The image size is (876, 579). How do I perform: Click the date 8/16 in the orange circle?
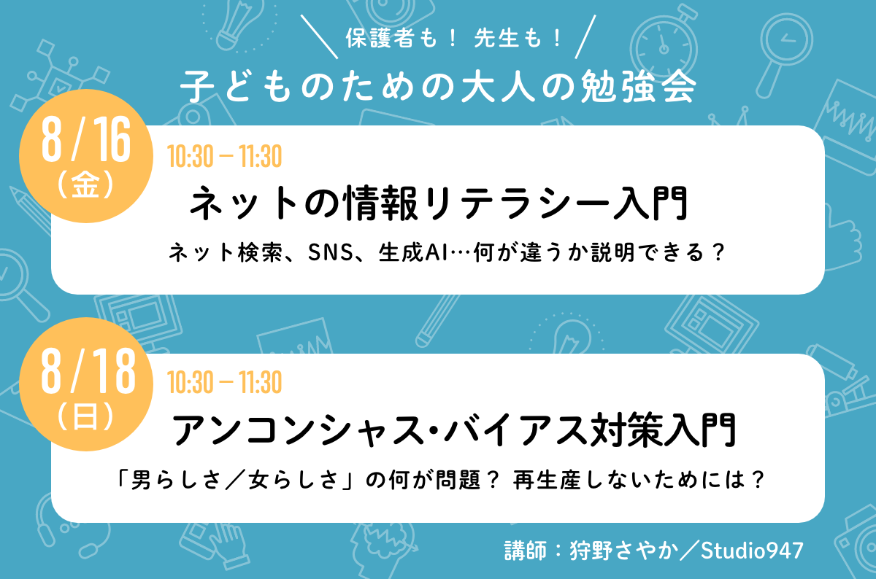[x=86, y=139]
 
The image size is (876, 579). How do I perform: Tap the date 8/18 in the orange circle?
[x=88, y=370]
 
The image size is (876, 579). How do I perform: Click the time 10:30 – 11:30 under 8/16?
[x=225, y=156]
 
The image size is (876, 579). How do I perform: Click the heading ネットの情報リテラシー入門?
[x=439, y=203]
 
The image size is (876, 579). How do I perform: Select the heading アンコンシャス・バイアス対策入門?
[x=454, y=430]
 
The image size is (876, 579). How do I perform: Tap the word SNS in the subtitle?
[x=331, y=252]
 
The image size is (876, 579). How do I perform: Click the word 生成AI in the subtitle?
[x=413, y=252]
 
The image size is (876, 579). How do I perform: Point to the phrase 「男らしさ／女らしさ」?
[x=234, y=479]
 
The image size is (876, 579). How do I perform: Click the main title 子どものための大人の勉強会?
[x=439, y=86]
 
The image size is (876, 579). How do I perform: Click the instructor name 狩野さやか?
[x=624, y=551]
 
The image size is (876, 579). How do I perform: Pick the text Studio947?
[x=752, y=551]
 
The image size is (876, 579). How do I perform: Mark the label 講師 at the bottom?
[x=526, y=551]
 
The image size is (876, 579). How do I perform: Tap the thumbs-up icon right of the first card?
[x=841, y=242]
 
